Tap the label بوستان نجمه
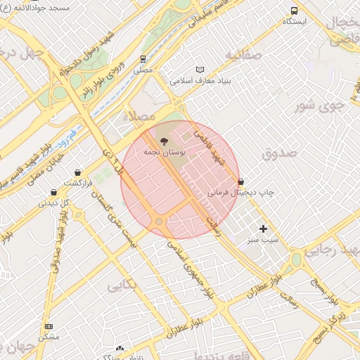[x=164, y=152]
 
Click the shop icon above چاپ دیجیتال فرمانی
[x=241, y=181]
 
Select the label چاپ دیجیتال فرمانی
[x=240, y=192]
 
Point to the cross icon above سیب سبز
[x=264, y=229]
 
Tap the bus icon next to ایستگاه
[x=294, y=11]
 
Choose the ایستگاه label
[x=295, y=22]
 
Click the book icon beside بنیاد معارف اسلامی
[x=200, y=70]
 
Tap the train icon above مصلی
[x=143, y=59]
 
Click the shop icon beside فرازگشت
[x=77, y=172]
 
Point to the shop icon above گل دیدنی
[x=53, y=192]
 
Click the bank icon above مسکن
[x=49, y=326]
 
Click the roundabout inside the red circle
[x=160, y=222]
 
